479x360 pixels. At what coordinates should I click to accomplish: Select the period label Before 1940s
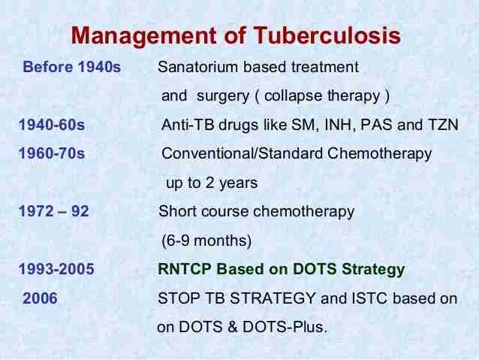coord(72,68)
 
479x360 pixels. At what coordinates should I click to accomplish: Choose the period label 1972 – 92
coord(54,211)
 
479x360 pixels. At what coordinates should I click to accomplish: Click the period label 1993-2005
coord(57,269)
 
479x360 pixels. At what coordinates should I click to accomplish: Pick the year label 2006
coord(40,298)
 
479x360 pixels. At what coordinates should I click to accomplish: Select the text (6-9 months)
coord(206,241)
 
